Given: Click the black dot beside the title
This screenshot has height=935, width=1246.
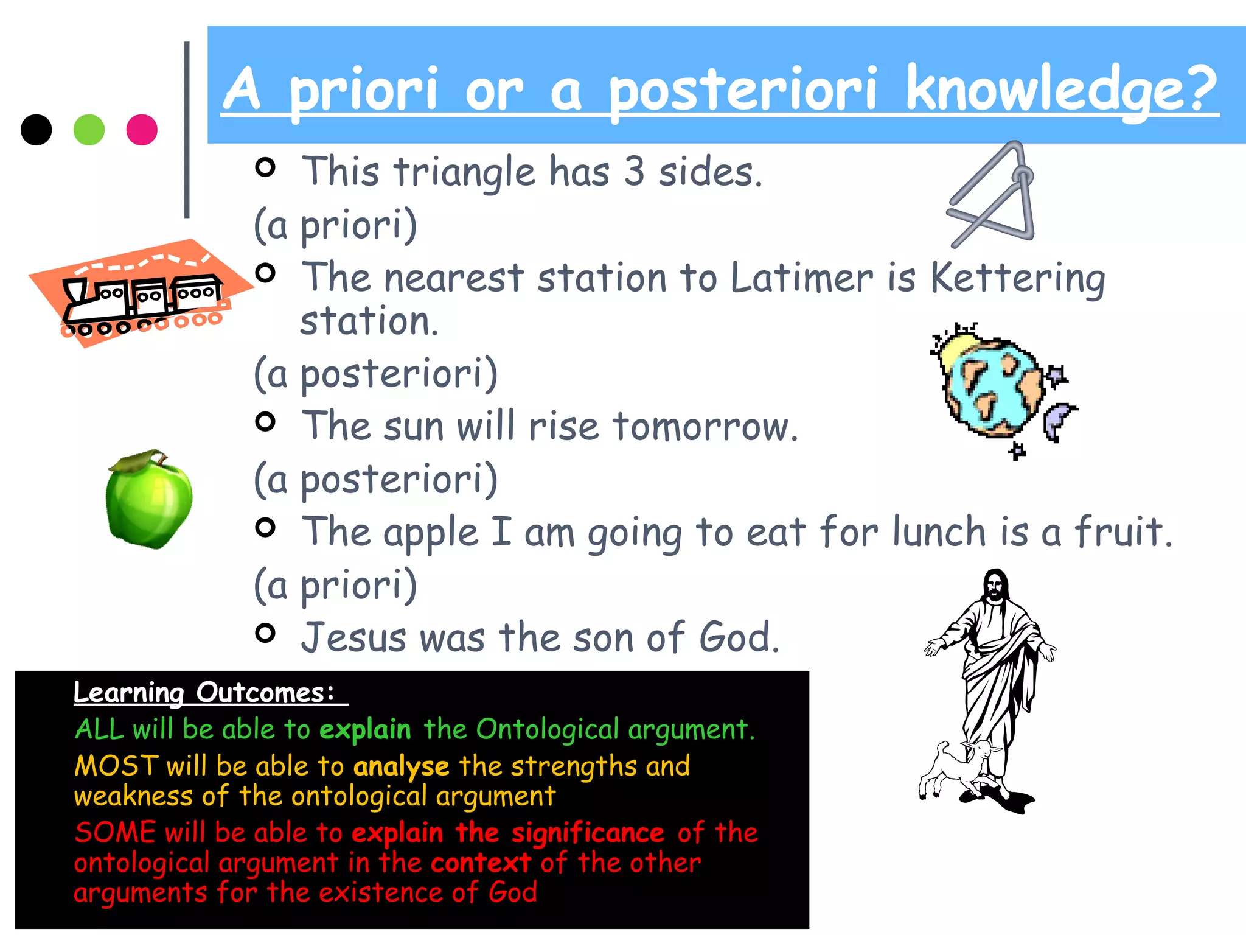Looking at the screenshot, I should click(36, 130).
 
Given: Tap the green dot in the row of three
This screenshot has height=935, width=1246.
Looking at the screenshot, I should click(89, 130).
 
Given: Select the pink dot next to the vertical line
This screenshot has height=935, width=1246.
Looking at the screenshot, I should click(142, 130).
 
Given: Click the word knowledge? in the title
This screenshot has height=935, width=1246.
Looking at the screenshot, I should click(1061, 90).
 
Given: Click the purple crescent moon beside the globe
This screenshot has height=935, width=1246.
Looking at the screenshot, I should click(1057, 420).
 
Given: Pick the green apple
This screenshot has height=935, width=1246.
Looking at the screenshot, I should click(149, 502).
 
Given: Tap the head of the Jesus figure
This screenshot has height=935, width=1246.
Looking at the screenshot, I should click(996, 586).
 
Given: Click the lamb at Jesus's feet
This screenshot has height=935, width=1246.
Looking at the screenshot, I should click(955, 770).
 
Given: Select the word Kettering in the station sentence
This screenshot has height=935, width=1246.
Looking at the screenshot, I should click(1017, 278).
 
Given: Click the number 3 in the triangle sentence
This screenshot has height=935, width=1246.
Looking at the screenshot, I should click(634, 172).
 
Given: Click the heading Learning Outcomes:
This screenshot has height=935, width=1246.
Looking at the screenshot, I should click(204, 693).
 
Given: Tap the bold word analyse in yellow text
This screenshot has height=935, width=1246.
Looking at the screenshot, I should click(401, 766).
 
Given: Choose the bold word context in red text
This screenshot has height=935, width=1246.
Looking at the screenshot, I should click(481, 863).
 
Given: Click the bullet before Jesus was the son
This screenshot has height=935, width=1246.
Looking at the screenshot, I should click(265, 633).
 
